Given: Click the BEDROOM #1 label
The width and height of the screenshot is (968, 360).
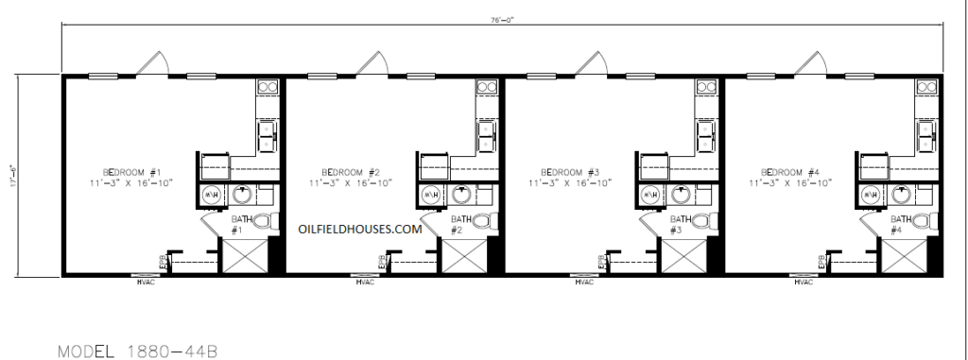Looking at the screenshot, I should [132, 171].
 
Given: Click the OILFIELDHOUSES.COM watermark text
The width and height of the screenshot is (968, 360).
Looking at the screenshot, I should [359, 229].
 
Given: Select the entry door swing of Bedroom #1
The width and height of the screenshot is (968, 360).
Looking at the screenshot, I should [151, 63].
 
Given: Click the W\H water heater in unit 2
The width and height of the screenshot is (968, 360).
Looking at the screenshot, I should [430, 196].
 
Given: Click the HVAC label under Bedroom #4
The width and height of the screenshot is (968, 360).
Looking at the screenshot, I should [804, 282].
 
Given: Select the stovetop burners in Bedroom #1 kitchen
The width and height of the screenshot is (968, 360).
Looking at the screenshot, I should [267, 90].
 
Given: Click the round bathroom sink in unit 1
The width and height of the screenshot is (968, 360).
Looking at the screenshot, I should [243, 196].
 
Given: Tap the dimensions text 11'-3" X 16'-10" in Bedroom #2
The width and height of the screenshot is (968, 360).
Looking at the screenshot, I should [352, 182].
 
